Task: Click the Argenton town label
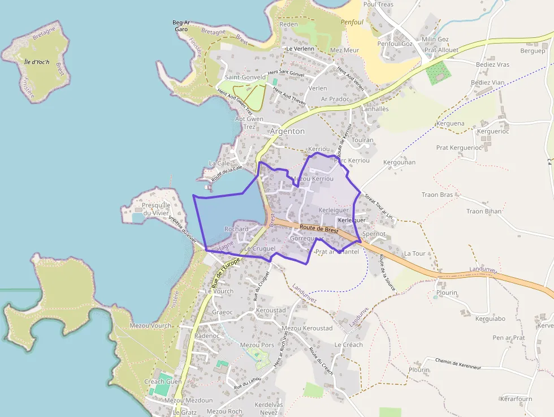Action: click(x=287, y=131)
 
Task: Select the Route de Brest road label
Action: click(x=319, y=229)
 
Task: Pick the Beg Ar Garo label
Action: click(x=180, y=25)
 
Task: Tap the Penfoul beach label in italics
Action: click(x=352, y=22)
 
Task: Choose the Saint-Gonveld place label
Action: click(x=245, y=77)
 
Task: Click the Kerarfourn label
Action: click(x=516, y=399)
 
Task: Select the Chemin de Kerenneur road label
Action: click(x=458, y=363)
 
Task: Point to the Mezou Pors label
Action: click(x=257, y=345)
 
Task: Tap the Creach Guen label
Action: click(x=163, y=381)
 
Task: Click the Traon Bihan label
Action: click(x=483, y=211)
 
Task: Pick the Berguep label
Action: click(x=533, y=51)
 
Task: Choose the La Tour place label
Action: click(x=414, y=253)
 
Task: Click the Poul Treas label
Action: click(x=378, y=5)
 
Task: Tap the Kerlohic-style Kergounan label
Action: click(x=399, y=162)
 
